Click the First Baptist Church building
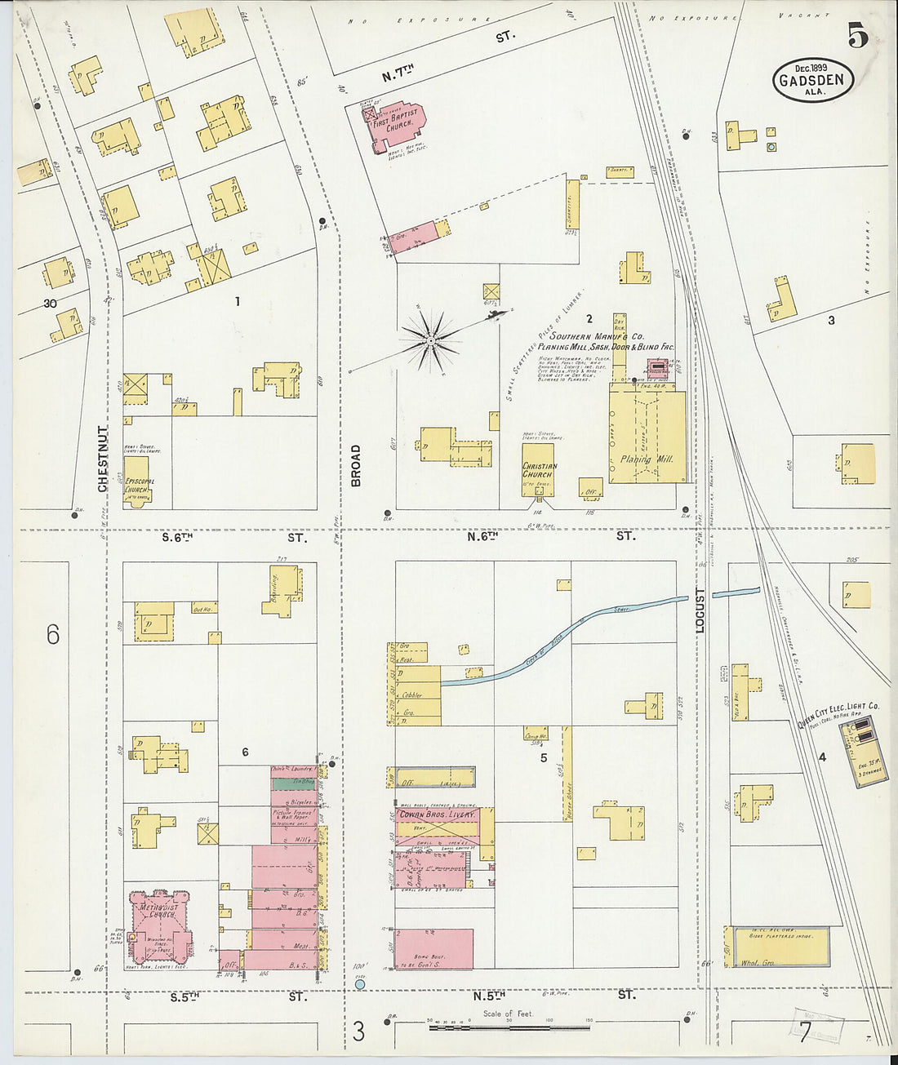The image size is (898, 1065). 398,126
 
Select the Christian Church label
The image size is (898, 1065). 539,470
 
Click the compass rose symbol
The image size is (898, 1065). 431,339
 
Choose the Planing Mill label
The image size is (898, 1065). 647,459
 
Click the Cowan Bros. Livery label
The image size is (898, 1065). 437,814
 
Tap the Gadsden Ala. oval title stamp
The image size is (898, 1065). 813,80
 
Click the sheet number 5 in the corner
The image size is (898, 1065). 857,36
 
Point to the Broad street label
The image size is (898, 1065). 356,466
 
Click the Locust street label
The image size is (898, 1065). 700,610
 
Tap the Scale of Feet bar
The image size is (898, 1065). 508,1021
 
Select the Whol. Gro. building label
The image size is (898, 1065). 759,963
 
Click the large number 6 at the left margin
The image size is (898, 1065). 53,634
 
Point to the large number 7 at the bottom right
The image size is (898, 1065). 805,1032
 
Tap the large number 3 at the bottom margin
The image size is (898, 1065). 358,1032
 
